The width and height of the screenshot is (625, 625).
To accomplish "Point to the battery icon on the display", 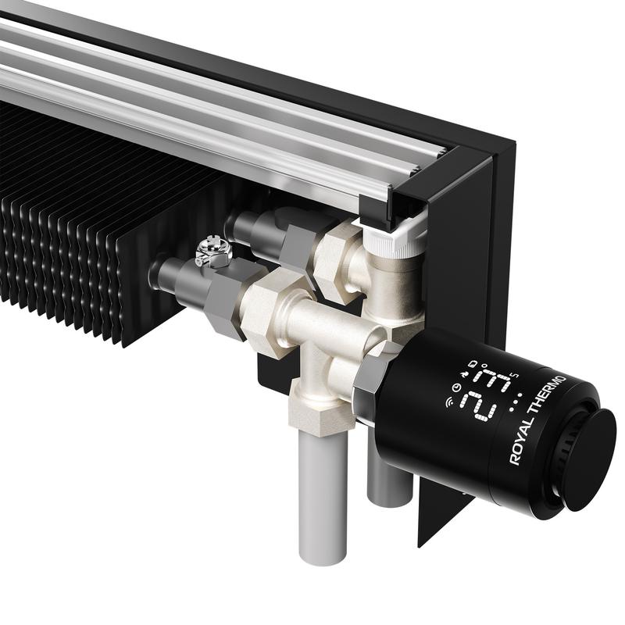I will click(x=473, y=363).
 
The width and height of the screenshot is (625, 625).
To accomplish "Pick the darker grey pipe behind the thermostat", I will click(x=389, y=480).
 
